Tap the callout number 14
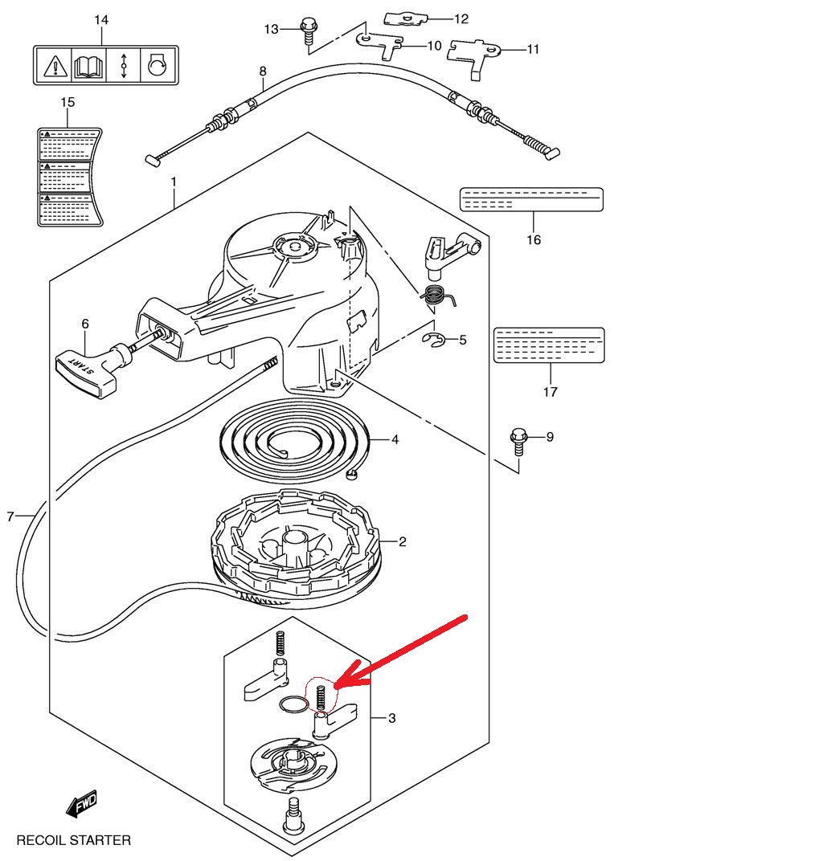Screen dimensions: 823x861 coord(101,20)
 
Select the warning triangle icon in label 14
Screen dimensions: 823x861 coord(55,67)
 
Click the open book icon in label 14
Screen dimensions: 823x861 coord(88,66)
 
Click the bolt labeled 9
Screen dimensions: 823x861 coord(518,442)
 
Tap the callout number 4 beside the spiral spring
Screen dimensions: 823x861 coord(395,439)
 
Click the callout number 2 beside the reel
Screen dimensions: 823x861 coord(402,542)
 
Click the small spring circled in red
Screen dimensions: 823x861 coord(321,698)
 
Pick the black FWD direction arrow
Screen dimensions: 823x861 coord(82,804)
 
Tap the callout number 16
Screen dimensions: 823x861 coord(534,240)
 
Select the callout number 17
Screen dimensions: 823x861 coord(550,392)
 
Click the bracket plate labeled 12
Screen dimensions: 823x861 coord(405,18)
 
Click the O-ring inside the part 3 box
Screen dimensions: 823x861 coord(293,704)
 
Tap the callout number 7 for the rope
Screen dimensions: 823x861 coord(10,516)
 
